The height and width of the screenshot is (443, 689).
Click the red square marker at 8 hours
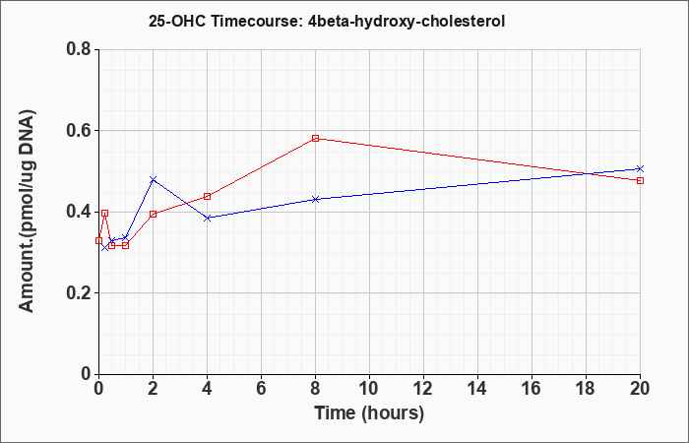coord(316,138)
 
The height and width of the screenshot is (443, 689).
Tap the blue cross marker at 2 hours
coord(153,179)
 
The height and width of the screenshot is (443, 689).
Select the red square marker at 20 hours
coord(640,180)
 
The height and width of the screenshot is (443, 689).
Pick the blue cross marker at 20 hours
coord(640,168)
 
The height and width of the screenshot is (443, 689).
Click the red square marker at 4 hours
coord(208,196)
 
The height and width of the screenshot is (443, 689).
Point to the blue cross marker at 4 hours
coord(208,218)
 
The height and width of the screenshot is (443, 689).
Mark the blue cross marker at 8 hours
coord(316,199)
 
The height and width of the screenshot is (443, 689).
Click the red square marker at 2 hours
coord(153,214)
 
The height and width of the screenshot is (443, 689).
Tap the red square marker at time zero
coord(98,240)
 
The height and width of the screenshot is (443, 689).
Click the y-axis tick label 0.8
coord(79,49)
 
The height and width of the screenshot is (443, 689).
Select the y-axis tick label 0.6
coord(79,131)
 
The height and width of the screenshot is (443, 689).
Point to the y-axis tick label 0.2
coord(79,293)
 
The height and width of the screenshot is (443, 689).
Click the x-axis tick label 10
coord(369,388)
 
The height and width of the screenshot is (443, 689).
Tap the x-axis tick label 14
coord(477,388)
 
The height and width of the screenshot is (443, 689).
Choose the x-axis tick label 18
coord(587,388)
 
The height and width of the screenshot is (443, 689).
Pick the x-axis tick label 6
coord(262,388)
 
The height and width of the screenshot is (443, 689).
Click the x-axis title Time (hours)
coord(369,413)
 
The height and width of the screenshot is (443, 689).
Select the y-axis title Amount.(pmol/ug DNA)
coord(28,211)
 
